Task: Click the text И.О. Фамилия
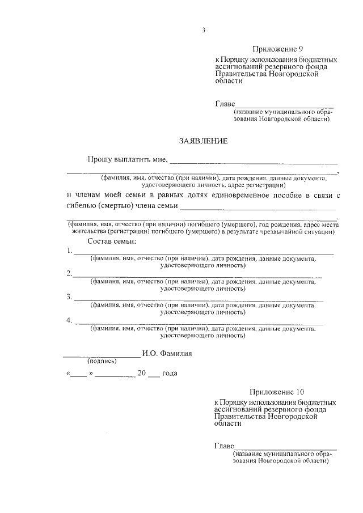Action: click(168, 353)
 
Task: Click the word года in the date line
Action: click(170, 374)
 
